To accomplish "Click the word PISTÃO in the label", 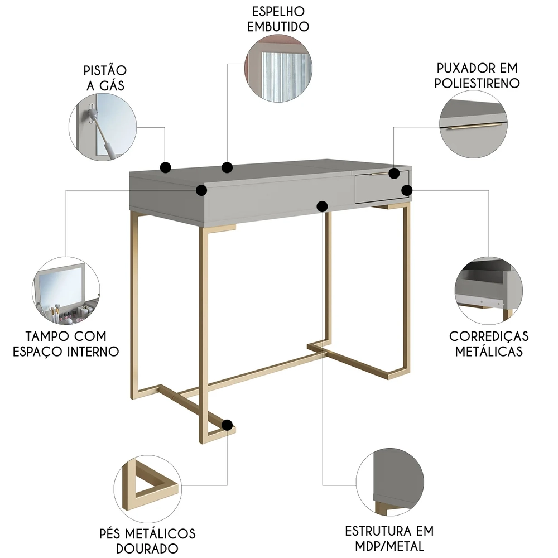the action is tap(105, 70).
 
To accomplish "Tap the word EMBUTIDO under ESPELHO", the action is tap(278, 27).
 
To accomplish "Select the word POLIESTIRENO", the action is tap(477, 83).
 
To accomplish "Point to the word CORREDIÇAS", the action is tap(489, 336).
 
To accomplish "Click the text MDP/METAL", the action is tap(389, 546).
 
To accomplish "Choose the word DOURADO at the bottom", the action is tap(147, 549).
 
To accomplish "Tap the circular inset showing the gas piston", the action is tap(103, 127).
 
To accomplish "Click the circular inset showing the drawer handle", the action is tap(473, 124).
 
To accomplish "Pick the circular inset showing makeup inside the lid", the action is tap(66, 291).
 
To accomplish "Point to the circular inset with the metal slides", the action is tap(489, 291).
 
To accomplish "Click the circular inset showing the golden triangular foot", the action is tap(147, 489).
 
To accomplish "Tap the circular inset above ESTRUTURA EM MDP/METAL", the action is tap(389, 482).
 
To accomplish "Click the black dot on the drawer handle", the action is tap(394, 174).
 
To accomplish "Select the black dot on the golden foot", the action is tap(227, 425).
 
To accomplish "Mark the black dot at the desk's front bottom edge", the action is tap(322, 206).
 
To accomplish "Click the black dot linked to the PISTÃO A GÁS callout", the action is tap(166, 167).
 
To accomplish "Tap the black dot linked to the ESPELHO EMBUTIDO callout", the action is tap(227, 167).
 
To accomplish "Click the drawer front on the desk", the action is tap(382, 187).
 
